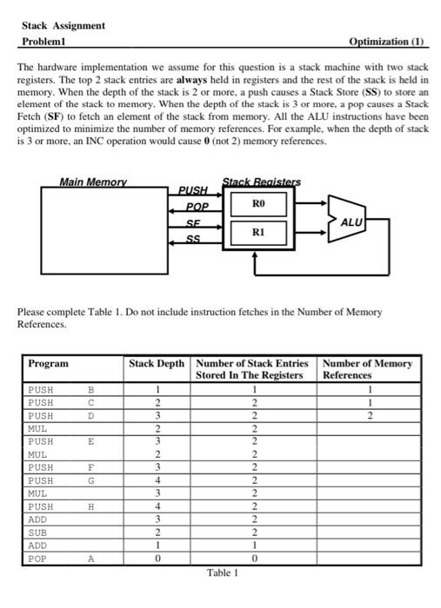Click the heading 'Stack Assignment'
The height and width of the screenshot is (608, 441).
pos(63,25)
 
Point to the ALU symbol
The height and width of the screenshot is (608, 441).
pos(350,222)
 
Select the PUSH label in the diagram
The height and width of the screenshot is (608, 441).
pos(193,190)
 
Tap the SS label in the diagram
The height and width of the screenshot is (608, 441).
pos(193,238)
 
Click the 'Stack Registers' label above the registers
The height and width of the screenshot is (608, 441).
pos(262,182)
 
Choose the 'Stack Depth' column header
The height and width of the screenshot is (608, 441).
pos(157,363)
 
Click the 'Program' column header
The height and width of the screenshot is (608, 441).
pos(48,363)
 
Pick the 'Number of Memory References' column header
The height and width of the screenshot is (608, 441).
pos(366,369)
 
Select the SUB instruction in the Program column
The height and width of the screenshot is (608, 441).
pos(40,532)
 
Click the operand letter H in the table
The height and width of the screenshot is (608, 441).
pos(90,506)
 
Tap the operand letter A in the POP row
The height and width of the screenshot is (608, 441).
pos(90,558)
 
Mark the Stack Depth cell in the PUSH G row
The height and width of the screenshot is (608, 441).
pos(157,479)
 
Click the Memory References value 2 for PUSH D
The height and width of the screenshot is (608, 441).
pos(369,415)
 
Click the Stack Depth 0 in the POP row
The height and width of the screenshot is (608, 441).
pos(157,558)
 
